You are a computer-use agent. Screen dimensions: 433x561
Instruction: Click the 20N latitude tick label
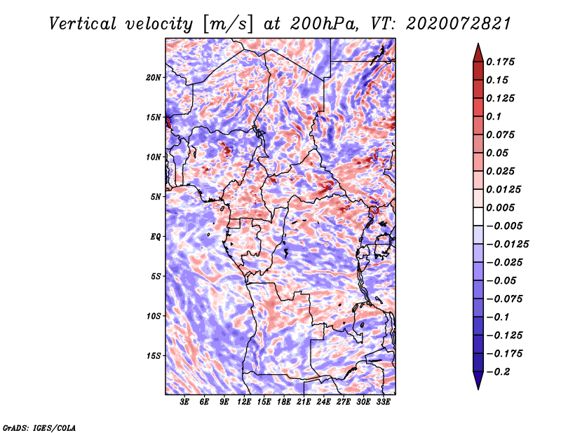pos(154,77)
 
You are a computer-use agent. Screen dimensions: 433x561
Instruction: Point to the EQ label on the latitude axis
pos(155,237)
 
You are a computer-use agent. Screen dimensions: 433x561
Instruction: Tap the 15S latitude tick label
pos(154,356)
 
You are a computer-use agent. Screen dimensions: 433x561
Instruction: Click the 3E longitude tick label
pos(185,402)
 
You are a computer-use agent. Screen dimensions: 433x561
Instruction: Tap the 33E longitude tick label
pos(384,402)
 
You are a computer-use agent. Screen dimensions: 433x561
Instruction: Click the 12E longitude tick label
pos(245,402)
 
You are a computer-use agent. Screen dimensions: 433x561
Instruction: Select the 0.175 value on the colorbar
pos(501,62)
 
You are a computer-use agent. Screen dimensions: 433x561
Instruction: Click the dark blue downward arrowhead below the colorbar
pos(478,383)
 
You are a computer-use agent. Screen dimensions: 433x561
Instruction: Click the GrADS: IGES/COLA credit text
pos(39,426)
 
